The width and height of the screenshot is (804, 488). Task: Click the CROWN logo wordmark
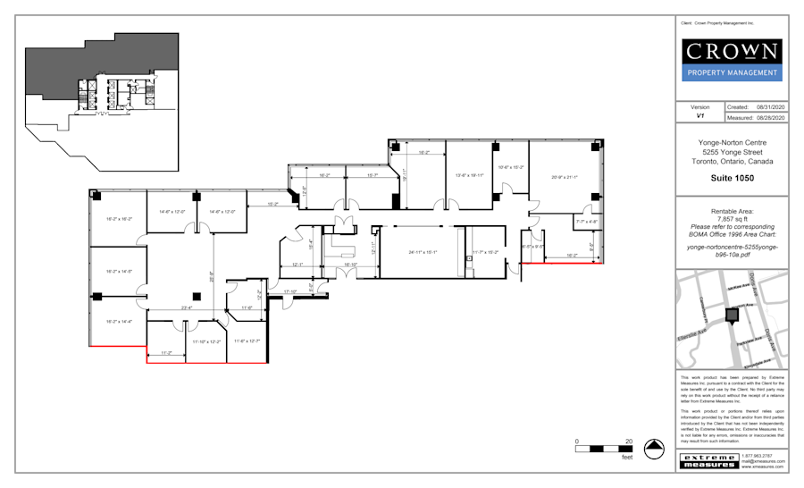(732, 50)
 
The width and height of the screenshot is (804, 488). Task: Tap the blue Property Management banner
(732, 73)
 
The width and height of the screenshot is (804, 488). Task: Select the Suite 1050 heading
(732, 179)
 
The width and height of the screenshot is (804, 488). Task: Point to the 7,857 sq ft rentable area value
(732, 218)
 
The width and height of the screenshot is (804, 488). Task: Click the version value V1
(699, 117)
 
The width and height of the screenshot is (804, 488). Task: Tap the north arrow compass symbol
(655, 449)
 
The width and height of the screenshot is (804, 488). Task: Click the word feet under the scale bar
(627, 458)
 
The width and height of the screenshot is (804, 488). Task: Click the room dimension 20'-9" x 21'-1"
(564, 177)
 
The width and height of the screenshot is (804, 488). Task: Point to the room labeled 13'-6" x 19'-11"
(469, 175)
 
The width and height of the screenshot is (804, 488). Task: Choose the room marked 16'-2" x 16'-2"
(119, 218)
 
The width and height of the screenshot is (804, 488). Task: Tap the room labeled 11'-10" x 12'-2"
(206, 341)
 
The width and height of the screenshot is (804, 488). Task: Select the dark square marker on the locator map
(733, 315)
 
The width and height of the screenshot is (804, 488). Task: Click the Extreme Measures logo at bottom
(709, 460)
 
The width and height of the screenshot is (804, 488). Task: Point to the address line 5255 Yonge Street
(732, 152)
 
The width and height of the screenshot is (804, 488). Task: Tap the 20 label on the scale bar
(629, 442)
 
